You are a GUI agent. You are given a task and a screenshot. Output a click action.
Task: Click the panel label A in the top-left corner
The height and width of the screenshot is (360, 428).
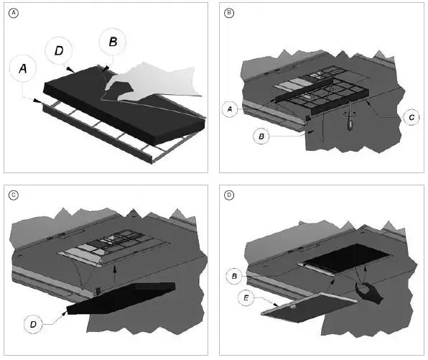point(14,13)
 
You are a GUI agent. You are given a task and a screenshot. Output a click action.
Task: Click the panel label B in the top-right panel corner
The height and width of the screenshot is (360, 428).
point(229,12)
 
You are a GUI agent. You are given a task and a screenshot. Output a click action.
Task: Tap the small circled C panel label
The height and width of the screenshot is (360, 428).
point(14,195)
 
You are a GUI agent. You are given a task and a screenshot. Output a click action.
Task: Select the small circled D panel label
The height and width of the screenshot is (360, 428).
point(229,195)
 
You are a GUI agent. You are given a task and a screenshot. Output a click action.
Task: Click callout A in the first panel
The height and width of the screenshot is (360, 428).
point(23,68)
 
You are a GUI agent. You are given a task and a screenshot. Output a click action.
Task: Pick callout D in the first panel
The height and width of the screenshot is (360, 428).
point(59,50)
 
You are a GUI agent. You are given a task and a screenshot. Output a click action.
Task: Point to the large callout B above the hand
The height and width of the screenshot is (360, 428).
point(113,42)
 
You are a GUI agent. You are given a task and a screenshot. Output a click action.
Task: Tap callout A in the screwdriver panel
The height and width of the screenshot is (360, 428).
point(230,109)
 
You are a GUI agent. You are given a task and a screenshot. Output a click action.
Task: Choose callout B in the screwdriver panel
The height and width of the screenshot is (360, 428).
point(261,136)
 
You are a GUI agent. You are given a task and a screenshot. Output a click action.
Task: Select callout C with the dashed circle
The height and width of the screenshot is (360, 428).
point(411,117)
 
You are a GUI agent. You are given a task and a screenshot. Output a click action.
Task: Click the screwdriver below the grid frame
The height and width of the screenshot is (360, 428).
point(350,116)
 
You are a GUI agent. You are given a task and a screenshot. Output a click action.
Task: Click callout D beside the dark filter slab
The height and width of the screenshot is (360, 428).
point(33,324)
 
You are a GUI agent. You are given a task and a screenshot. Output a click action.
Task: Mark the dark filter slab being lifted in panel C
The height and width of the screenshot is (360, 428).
point(121,298)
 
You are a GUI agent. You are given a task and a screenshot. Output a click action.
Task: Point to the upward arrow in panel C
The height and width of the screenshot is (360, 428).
point(115,274)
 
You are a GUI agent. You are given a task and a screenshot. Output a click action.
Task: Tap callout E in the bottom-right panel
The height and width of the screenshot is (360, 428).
point(246,297)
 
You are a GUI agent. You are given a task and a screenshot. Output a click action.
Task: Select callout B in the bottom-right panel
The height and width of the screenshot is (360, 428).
point(234,276)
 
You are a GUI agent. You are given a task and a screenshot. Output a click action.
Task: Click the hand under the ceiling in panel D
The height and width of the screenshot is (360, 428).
point(369,293)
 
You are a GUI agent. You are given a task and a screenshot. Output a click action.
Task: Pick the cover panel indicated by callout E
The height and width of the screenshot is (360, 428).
point(310,308)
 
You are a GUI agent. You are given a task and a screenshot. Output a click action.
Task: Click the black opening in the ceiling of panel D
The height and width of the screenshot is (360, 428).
point(347,258)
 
